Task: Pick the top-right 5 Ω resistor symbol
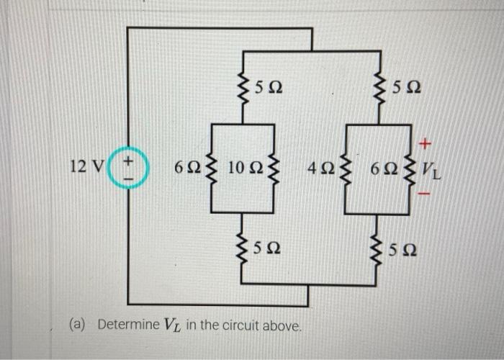[379, 91]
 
